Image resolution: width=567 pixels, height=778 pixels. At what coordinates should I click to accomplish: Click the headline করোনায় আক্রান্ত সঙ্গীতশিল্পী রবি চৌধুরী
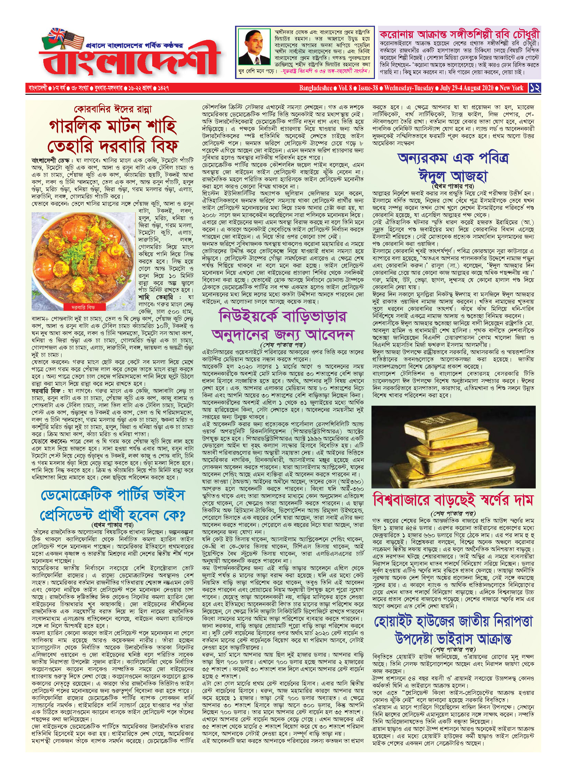459,34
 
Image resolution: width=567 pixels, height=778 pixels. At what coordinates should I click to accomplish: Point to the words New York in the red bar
511,88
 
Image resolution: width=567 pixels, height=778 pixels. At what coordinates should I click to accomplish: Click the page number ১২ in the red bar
535,88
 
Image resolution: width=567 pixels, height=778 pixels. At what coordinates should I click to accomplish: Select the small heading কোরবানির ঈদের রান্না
112,110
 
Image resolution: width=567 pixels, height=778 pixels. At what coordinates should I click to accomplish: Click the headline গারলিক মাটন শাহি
113,127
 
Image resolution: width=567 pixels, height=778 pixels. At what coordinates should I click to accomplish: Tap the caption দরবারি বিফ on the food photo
83,307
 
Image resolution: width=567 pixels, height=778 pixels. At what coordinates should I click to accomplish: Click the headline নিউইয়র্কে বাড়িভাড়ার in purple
283,316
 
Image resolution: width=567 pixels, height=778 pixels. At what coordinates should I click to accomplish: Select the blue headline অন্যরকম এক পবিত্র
453,159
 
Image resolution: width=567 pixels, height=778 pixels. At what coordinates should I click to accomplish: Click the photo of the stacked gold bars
453,447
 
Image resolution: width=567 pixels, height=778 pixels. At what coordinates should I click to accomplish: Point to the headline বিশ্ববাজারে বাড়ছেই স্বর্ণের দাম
453,500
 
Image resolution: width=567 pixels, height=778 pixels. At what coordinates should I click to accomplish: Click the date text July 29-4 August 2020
467,88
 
